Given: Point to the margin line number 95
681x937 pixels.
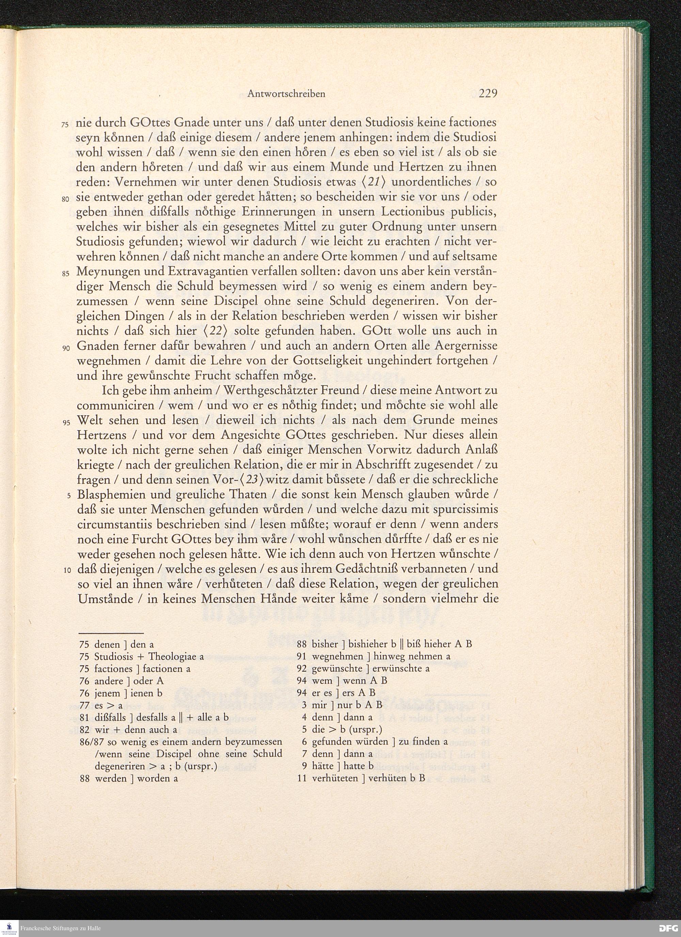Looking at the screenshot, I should point(65,423).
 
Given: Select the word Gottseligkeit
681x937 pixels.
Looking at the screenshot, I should point(316,361).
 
